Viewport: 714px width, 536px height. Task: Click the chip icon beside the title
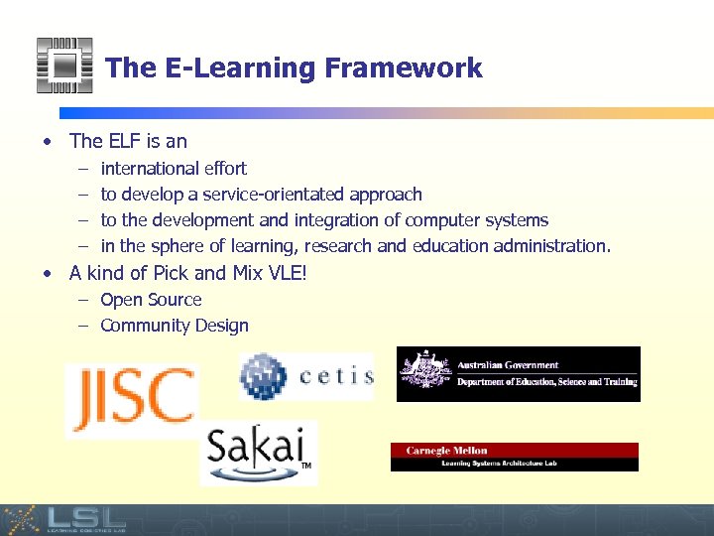(x=64, y=66)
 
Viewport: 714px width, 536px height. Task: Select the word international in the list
(x=147, y=169)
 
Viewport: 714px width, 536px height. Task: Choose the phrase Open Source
(x=151, y=300)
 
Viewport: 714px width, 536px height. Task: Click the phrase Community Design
(x=175, y=326)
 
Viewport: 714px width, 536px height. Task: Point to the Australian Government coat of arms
(x=424, y=373)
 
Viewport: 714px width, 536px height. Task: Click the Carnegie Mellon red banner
(x=514, y=450)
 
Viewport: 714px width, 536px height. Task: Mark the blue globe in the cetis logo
(x=263, y=376)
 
